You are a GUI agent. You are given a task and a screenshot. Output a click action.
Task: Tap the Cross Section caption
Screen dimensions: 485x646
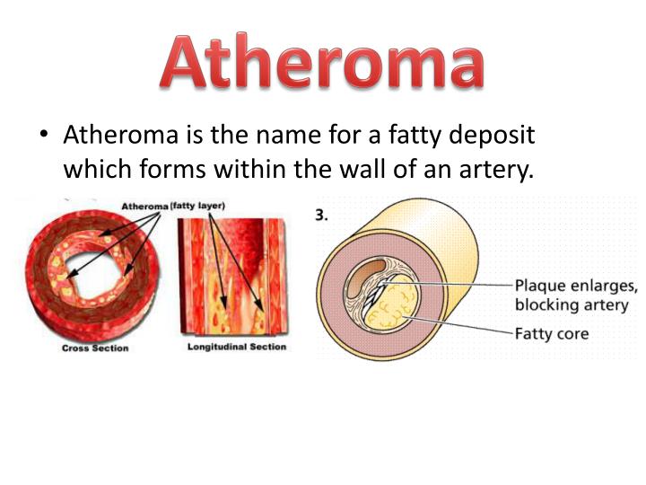point(95,348)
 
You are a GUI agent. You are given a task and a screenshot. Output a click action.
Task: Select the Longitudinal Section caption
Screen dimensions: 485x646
point(236,347)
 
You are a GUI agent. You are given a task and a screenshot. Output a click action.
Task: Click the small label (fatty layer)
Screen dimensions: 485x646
point(198,206)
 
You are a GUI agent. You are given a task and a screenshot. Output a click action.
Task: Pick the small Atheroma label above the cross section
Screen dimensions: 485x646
point(144,207)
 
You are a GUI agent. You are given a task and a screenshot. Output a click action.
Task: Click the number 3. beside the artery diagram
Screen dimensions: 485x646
point(323,216)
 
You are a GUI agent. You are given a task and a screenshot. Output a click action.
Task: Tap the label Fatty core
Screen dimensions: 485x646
point(551,333)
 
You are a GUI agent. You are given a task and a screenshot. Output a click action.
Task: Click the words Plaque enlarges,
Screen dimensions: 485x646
point(575,286)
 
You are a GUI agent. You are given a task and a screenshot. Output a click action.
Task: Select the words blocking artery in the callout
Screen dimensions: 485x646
point(571,305)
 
